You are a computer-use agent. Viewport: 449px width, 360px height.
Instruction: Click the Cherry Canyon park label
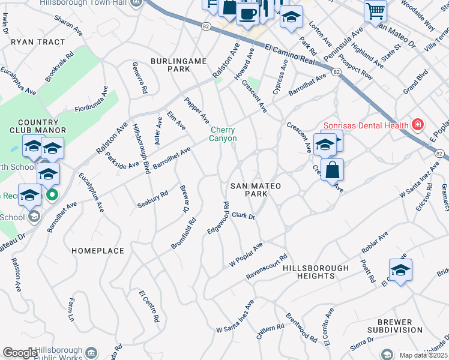[x=223, y=134]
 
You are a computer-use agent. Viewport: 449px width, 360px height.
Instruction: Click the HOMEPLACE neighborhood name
[x=98, y=250]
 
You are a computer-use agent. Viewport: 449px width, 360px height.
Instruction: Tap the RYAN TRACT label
[x=37, y=43]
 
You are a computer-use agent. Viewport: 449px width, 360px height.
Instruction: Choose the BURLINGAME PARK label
[x=179, y=65]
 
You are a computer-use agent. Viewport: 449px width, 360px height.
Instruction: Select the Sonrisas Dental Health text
[x=366, y=125]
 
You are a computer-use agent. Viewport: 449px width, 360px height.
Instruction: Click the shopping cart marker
[x=375, y=10]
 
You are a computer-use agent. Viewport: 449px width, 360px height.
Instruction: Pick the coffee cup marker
[x=247, y=13]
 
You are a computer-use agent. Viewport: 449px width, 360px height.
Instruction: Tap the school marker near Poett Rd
[x=400, y=269]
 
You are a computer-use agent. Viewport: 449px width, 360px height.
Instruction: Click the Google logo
[x=20, y=353]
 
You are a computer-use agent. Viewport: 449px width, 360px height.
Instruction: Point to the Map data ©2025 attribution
[x=423, y=355]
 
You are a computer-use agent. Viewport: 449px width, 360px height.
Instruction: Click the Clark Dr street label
[x=244, y=215]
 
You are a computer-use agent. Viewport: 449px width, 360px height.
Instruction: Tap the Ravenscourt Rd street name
[x=267, y=266]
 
